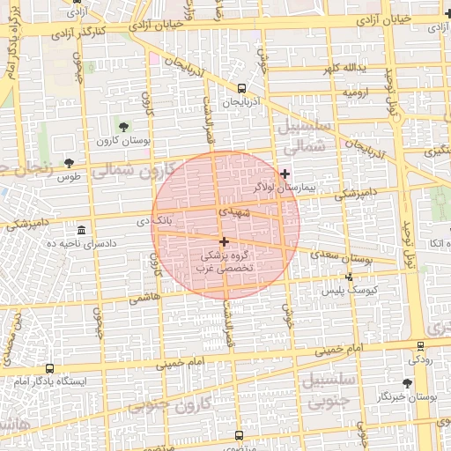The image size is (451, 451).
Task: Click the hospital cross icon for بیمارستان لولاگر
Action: (285, 174)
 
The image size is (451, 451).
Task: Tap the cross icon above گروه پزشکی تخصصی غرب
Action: (224, 240)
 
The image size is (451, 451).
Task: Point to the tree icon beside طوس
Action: (69, 163)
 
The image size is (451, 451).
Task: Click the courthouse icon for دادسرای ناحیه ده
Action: (81, 229)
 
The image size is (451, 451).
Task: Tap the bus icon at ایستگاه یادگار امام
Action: (48, 368)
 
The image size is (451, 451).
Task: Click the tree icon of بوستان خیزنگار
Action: (407, 383)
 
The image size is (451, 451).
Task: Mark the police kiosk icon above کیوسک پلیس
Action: (349, 277)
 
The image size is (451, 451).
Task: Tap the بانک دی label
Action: (172, 220)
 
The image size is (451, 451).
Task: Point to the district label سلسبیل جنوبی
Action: (328, 389)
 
